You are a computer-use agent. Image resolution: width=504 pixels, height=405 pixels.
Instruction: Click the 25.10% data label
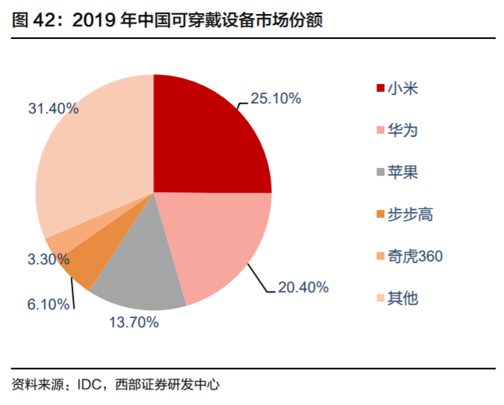coord(275,99)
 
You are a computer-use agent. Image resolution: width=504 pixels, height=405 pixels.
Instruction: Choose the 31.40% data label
coord(54,109)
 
